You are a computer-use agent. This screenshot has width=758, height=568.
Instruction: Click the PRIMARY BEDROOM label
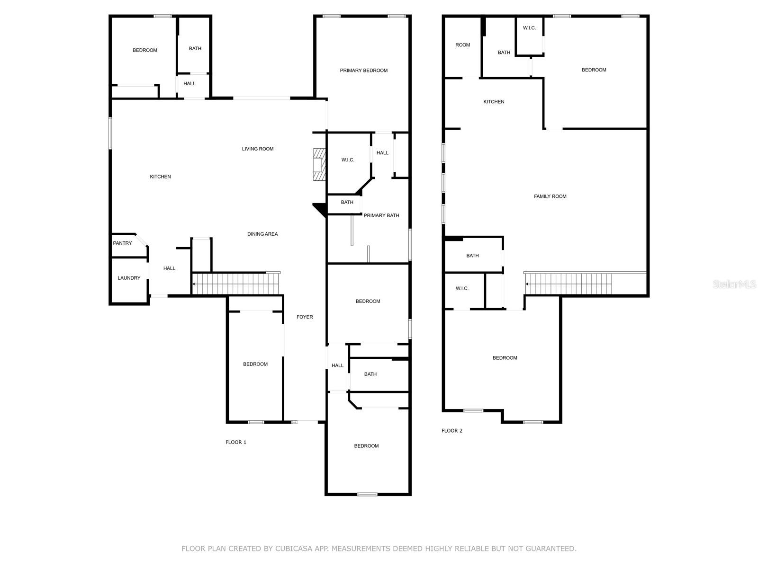point(363,71)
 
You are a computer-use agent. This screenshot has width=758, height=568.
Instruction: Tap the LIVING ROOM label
point(258,149)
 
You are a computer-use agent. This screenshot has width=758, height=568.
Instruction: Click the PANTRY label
point(122,243)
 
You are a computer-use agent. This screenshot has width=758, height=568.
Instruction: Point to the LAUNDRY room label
point(129,278)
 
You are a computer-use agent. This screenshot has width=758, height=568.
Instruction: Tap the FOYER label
point(305,317)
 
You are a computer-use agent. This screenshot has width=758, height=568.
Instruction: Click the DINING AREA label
point(262,234)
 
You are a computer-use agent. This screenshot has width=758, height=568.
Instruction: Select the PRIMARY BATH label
point(381,215)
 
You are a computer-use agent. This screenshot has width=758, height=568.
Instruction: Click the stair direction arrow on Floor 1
point(194,284)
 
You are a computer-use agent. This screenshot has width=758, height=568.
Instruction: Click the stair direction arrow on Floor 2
point(527,284)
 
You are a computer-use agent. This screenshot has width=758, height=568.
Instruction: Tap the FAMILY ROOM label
point(550,196)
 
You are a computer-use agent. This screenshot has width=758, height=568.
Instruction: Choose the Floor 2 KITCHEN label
point(494,102)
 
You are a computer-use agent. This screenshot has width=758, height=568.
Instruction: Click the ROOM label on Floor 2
point(462,45)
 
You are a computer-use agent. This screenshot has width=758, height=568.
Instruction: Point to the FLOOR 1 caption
point(235,442)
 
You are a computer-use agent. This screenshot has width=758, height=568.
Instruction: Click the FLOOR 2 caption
point(451,431)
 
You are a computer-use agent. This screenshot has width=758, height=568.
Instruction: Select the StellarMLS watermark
point(735,284)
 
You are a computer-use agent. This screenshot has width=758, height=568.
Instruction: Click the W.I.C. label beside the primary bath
point(348,160)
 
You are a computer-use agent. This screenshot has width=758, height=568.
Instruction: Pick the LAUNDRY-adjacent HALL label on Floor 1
point(169,268)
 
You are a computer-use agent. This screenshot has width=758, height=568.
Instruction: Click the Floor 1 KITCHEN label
point(160,177)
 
